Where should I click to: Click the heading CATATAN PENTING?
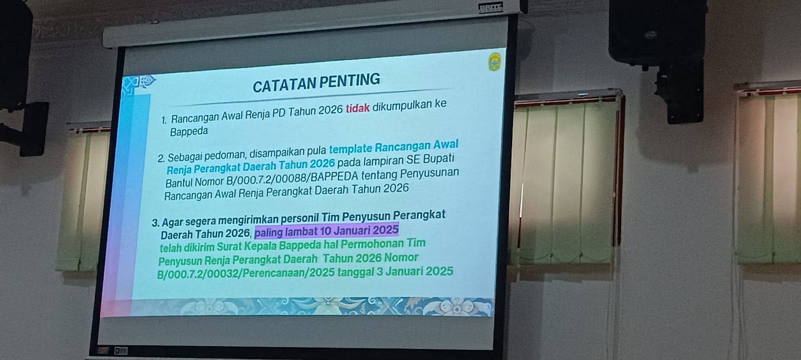[316, 83]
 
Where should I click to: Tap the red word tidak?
[357, 108]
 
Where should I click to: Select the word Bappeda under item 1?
[189, 132]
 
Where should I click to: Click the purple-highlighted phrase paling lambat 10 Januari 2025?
[326, 231]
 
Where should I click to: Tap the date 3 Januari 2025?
[415, 271]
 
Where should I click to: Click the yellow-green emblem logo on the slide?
[495, 62]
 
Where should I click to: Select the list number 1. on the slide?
[164, 120]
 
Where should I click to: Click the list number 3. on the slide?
[155, 223]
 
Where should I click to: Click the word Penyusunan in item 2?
[429, 173]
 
